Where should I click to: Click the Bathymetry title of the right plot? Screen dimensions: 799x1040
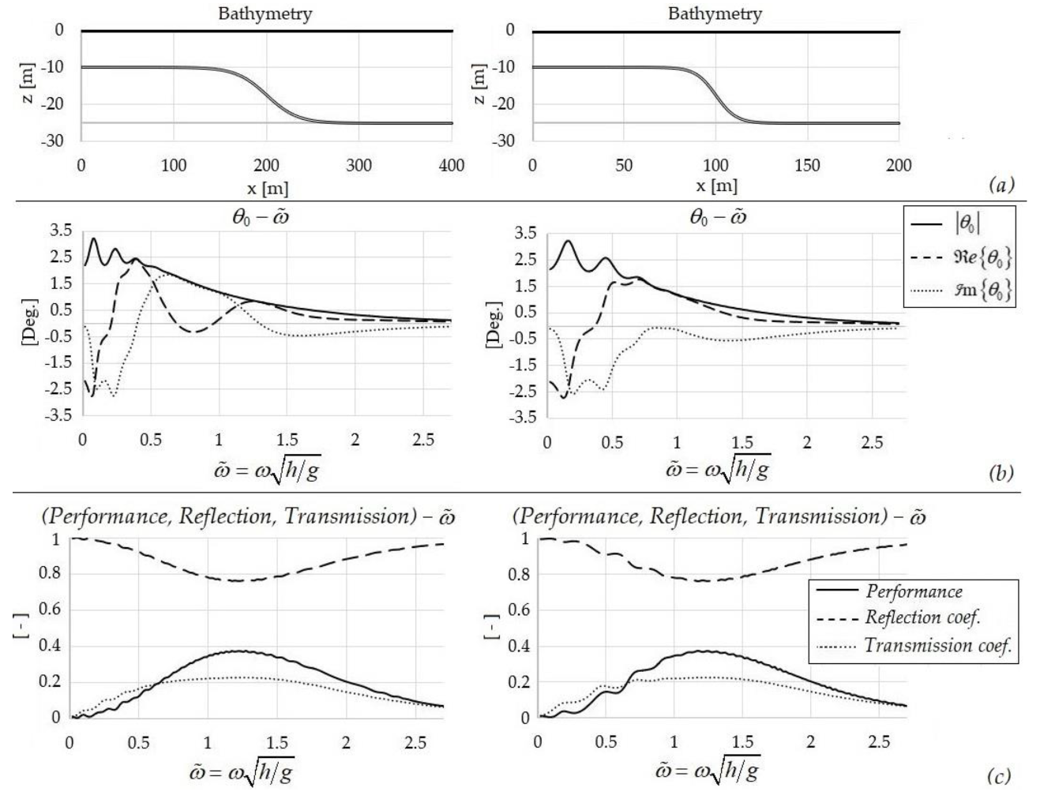[715, 13]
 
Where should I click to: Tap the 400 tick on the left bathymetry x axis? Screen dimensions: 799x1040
[452, 166]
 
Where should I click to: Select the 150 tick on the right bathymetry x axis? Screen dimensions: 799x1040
[807, 166]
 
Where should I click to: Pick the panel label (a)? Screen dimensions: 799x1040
[1000, 185]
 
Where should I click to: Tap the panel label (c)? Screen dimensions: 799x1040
[998, 777]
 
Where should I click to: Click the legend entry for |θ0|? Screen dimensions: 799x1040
[968, 224]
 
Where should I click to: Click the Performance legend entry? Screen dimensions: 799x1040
[914, 591]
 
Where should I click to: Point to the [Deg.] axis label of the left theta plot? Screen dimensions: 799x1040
[29, 321]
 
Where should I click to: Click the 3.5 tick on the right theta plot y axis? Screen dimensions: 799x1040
[525, 233]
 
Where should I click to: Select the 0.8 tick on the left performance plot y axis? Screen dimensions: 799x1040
[50, 574]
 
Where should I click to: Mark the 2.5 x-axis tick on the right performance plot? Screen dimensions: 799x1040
[879, 742]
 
